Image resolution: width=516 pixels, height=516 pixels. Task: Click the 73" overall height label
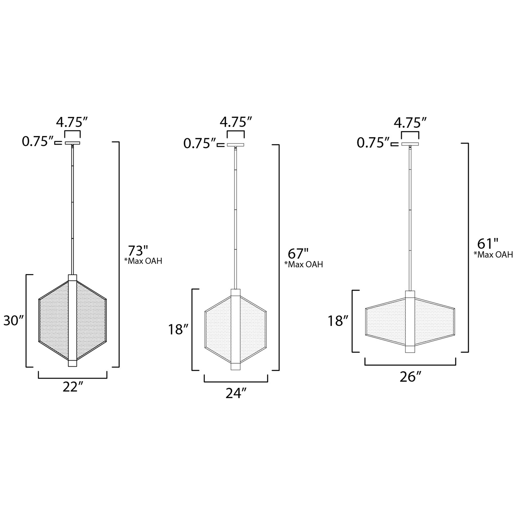pyautogui.click(x=138, y=251)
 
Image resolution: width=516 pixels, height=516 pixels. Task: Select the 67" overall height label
pyautogui.click(x=298, y=254)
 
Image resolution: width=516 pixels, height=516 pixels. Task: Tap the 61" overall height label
pyautogui.click(x=488, y=244)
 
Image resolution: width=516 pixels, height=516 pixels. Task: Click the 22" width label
pyautogui.click(x=73, y=387)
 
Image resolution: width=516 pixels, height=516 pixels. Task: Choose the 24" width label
pyautogui.click(x=236, y=393)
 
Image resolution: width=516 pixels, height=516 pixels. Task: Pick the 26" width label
pyautogui.click(x=411, y=377)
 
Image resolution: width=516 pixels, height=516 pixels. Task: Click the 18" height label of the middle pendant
pyautogui.click(x=178, y=329)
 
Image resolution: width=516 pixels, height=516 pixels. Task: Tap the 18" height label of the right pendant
pyautogui.click(x=339, y=321)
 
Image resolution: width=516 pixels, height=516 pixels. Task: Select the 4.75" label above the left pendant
pyautogui.click(x=72, y=122)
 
